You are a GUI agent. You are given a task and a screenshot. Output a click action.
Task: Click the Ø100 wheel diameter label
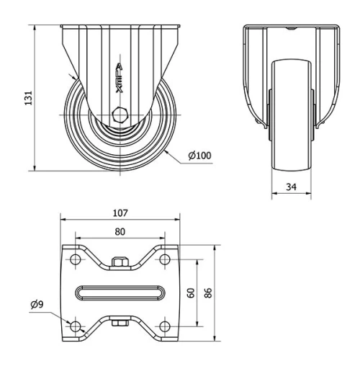click(x=199, y=155)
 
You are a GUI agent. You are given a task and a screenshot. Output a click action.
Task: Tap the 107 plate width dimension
click(x=120, y=213)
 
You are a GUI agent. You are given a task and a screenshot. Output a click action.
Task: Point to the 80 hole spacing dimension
click(x=120, y=232)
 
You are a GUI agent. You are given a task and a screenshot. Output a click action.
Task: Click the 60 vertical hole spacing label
click(x=191, y=293)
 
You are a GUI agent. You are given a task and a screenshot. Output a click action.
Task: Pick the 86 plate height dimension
click(x=208, y=293)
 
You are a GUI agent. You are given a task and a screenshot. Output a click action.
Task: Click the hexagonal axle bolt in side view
click(x=120, y=114)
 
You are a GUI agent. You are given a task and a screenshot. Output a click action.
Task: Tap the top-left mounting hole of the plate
click(x=75, y=259)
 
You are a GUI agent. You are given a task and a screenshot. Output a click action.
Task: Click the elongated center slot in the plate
click(x=120, y=293)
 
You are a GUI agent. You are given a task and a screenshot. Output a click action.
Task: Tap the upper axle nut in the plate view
click(x=120, y=263)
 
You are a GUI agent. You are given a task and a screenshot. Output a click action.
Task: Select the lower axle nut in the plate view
click(x=120, y=323)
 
